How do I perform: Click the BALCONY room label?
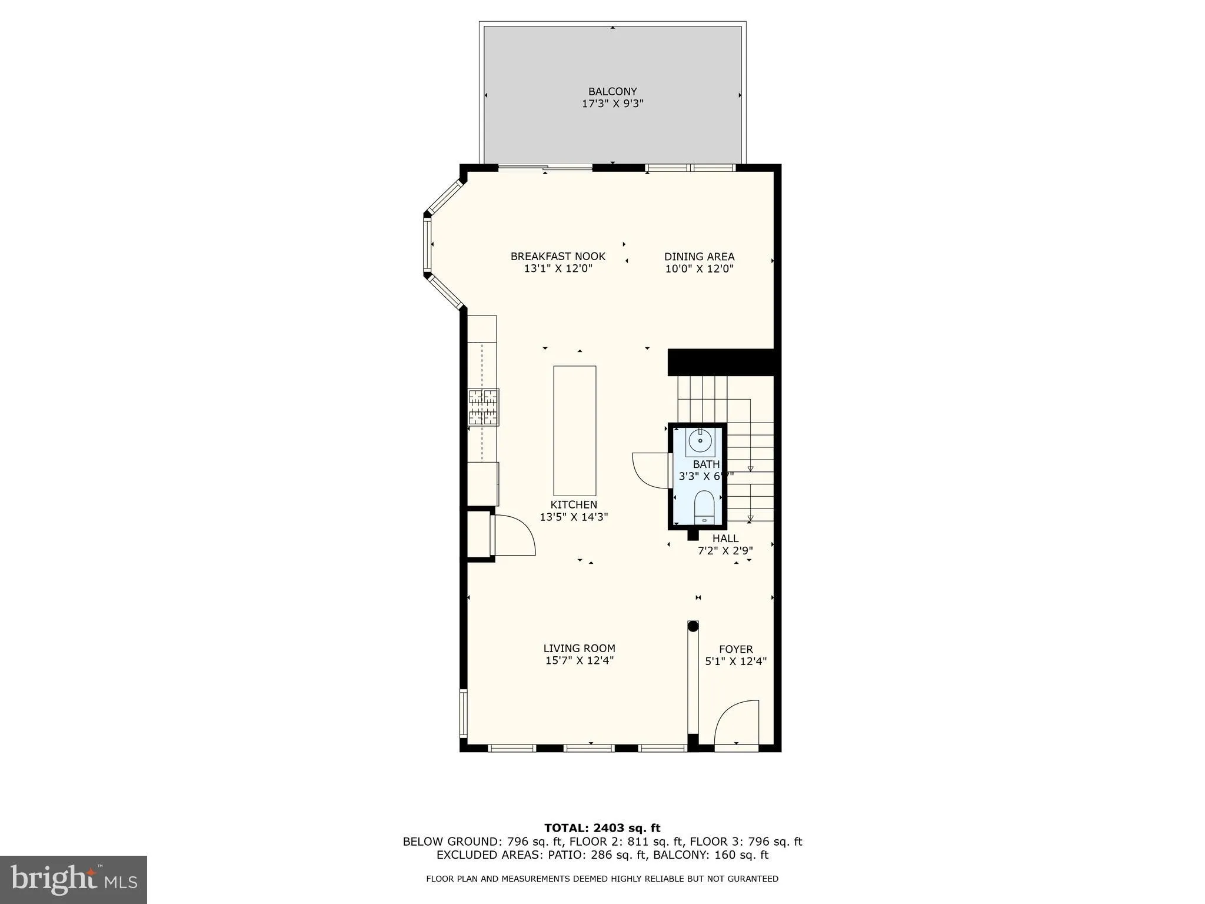coord(613,91)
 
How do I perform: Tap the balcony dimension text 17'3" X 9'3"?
coord(613,104)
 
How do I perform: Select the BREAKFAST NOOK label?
coord(558,257)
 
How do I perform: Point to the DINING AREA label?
coord(699,257)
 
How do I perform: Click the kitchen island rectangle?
coord(574,431)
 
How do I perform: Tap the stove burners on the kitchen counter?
coord(484,407)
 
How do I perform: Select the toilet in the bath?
coord(704,507)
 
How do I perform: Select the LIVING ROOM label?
coord(579,648)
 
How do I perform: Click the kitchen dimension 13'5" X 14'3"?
coord(574,517)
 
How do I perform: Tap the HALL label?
coord(725,538)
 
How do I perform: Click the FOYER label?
coord(735,649)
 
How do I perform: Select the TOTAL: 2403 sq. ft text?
coord(602,828)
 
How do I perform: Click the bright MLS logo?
coord(74,879)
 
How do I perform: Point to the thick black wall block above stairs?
coord(721,362)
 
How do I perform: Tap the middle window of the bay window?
coord(427,244)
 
